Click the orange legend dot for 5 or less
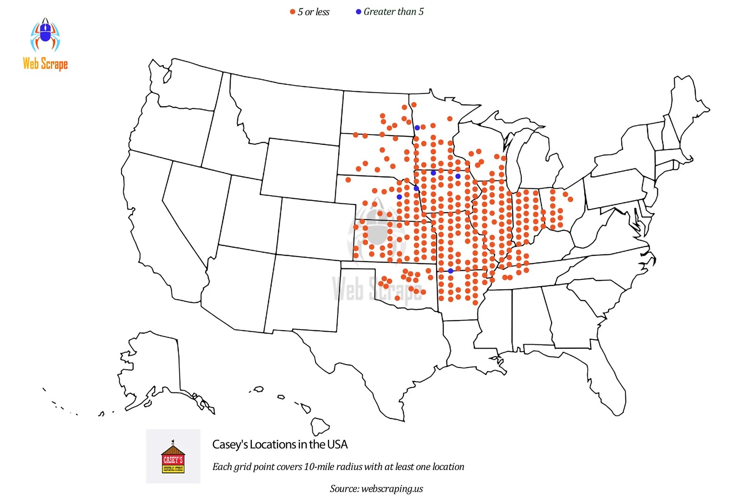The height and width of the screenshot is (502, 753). (x=292, y=12)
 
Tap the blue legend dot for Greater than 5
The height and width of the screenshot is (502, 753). (x=359, y=12)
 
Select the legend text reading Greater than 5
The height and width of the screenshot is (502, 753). (x=393, y=12)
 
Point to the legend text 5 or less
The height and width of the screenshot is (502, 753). (x=313, y=12)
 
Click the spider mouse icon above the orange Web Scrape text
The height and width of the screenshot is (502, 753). (x=45, y=35)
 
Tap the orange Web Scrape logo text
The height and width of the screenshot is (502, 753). (x=45, y=63)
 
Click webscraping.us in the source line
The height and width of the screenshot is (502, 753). (x=392, y=489)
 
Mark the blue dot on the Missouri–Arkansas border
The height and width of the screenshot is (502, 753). (x=450, y=271)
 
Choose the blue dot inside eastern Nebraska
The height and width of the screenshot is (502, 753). (x=400, y=197)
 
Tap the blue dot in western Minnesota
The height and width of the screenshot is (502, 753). (x=417, y=127)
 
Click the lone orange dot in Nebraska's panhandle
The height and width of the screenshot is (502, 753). (x=348, y=180)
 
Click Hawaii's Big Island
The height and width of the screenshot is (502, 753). (x=320, y=426)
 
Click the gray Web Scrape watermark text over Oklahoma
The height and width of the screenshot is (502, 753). (x=376, y=289)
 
